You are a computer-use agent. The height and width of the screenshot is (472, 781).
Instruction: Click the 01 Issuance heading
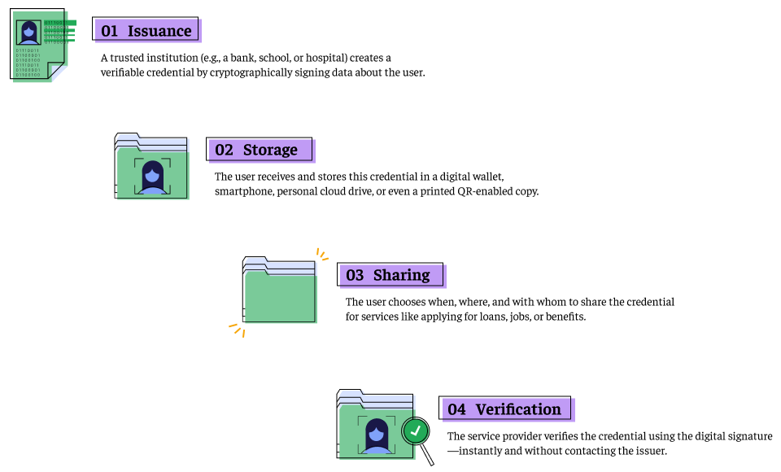(x=146, y=31)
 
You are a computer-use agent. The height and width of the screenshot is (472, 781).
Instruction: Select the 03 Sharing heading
(x=390, y=275)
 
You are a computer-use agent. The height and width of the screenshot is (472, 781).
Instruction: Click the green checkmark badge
(x=416, y=430)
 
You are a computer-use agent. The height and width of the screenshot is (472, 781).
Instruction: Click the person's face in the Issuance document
(x=29, y=32)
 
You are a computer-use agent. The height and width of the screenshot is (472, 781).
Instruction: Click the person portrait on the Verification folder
(x=377, y=434)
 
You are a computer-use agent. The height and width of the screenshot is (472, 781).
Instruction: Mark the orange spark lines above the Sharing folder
(x=321, y=256)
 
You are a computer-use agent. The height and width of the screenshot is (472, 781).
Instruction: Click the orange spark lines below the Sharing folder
(x=237, y=329)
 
